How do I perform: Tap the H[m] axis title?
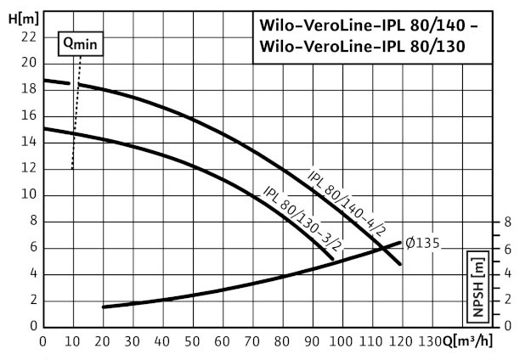pos(18,16)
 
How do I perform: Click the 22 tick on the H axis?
pos(28,37)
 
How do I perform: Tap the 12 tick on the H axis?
pos(28,168)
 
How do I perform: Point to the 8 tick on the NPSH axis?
pos(507,222)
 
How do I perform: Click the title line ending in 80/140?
pos(367,27)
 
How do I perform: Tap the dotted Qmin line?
pos(76,110)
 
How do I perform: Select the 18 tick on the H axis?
pos(28,89)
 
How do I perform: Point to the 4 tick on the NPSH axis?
pos(507,274)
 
